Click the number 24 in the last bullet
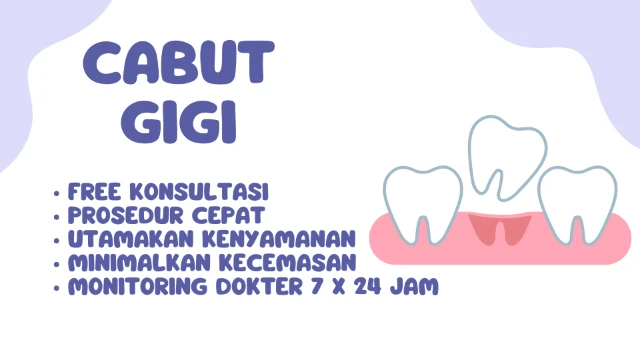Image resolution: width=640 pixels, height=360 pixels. pyautogui.click(x=378, y=287)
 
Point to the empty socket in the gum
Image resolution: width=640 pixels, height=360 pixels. pyautogui.click(x=499, y=231)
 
